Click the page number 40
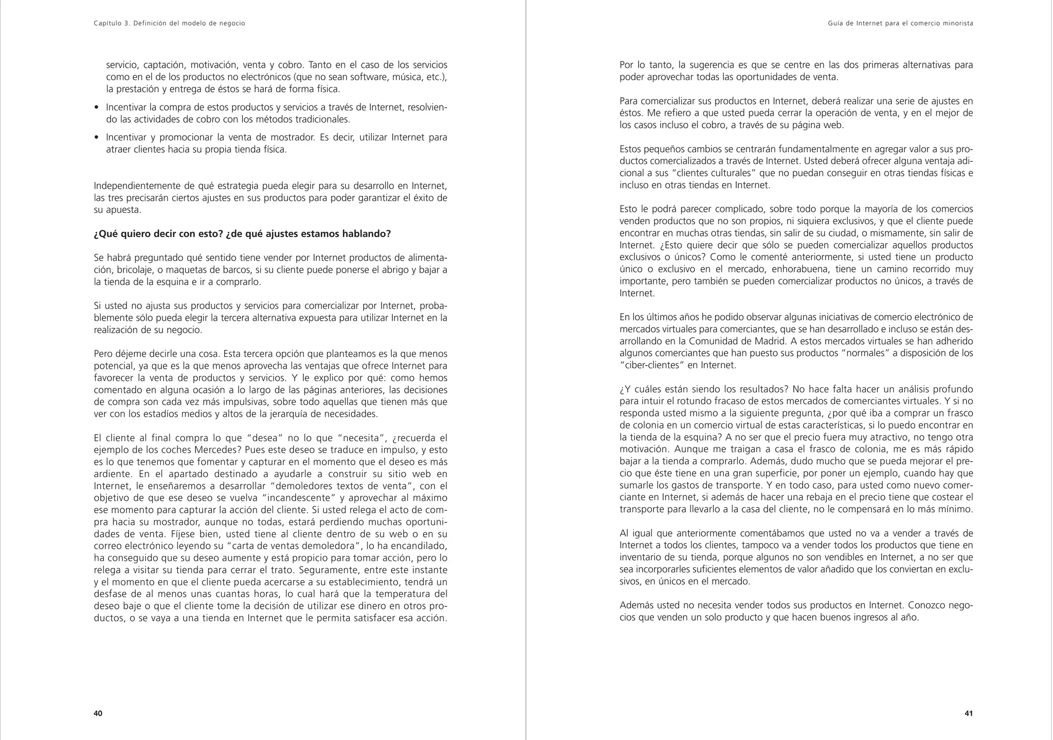coord(98,713)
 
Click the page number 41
coord(968,713)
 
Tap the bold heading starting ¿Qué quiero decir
coord(242,234)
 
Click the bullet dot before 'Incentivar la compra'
coord(97,108)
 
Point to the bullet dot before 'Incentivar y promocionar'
coord(97,138)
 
